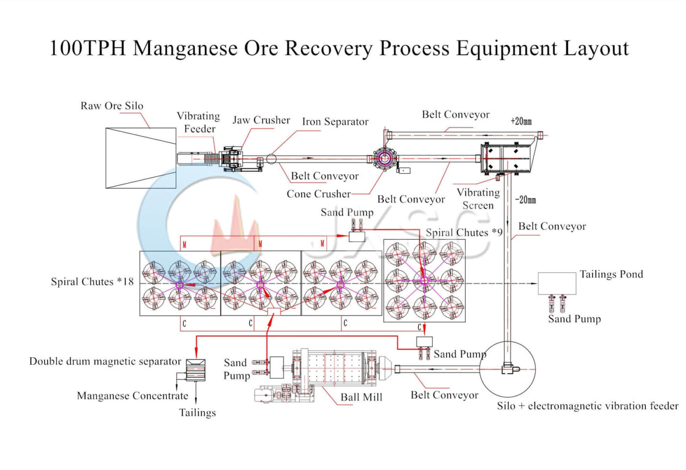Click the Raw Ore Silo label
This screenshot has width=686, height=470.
point(112,106)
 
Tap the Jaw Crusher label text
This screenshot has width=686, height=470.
point(261,120)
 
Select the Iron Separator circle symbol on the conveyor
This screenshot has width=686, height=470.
point(271,159)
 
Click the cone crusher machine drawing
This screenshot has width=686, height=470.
point(384,158)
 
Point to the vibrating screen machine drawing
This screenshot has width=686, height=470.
point(506,158)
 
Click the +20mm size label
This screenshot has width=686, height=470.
point(521,121)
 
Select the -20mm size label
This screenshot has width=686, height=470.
point(525,200)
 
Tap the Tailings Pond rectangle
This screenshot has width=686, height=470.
point(556,283)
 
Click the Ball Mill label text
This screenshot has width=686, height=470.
point(361,397)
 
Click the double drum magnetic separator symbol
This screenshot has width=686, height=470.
point(196,370)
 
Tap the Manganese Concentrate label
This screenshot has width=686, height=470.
point(133,396)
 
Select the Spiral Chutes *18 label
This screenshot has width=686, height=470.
point(92,282)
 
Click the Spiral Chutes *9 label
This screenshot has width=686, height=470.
point(464,233)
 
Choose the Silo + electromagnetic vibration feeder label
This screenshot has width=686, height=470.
point(587,406)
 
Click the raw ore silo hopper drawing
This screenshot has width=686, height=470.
point(141,158)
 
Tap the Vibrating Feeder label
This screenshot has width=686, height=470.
point(199,122)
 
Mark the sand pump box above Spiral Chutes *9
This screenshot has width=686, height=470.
point(356,236)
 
